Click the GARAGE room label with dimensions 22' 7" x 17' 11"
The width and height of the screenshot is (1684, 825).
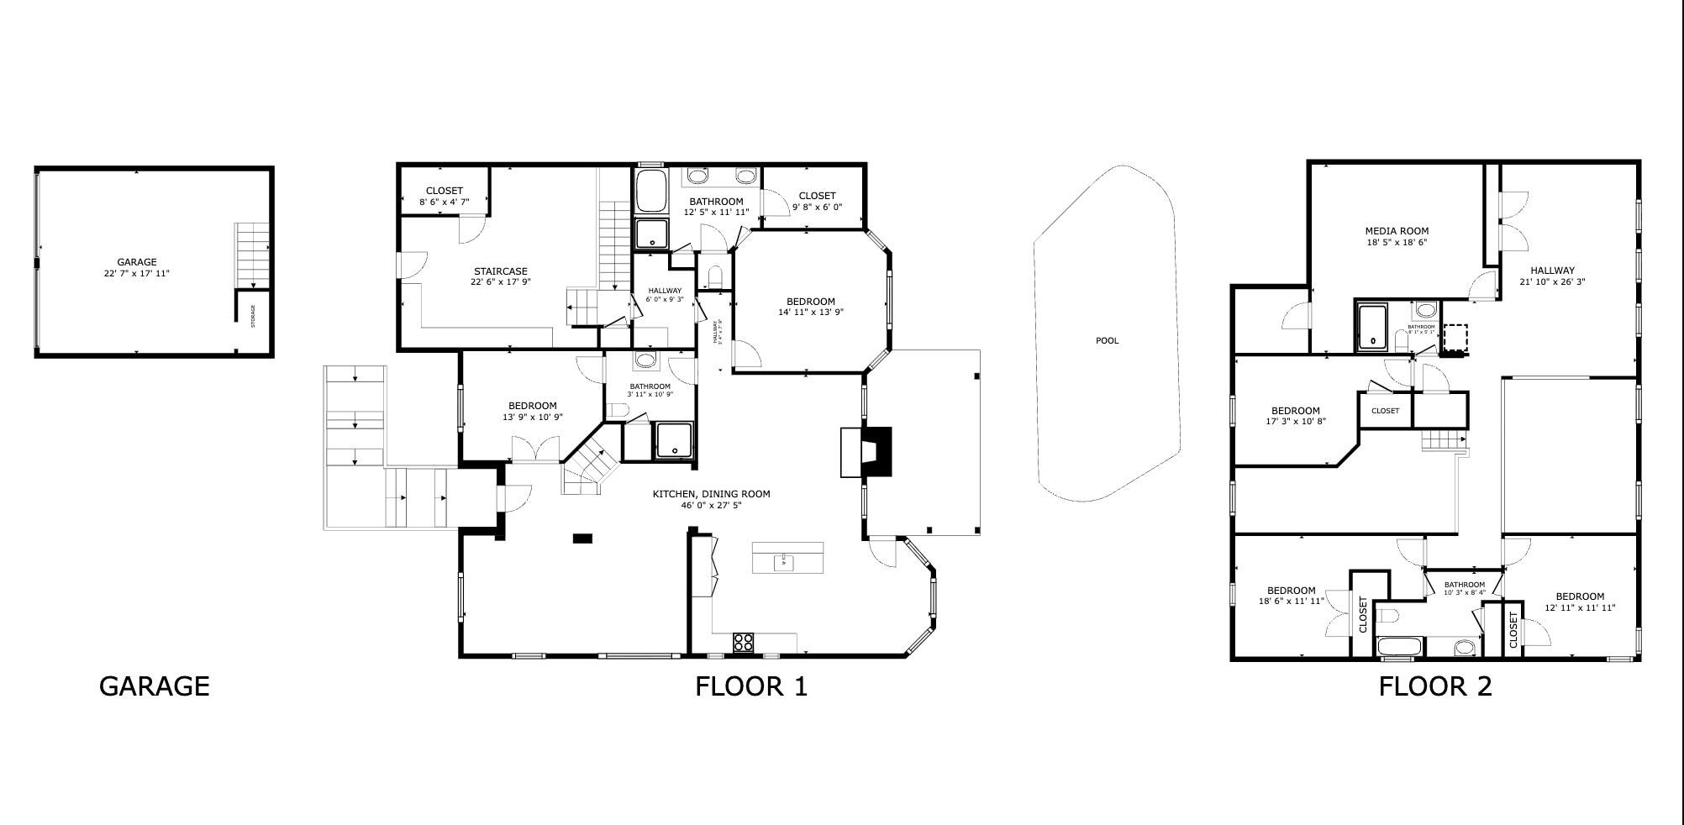pyautogui.click(x=137, y=267)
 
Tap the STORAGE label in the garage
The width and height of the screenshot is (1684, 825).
pyautogui.click(x=252, y=317)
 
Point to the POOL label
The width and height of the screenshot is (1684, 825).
pyautogui.click(x=1108, y=341)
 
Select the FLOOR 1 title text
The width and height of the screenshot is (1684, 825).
pyautogui.click(x=750, y=686)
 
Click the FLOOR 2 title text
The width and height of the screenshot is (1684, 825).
pyautogui.click(x=1434, y=686)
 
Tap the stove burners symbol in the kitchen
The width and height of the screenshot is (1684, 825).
pyautogui.click(x=743, y=643)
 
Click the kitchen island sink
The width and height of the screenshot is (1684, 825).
pyautogui.click(x=784, y=560)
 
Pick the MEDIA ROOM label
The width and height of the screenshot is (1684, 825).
pyautogui.click(x=1397, y=236)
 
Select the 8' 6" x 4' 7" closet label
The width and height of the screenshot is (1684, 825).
pyautogui.click(x=444, y=197)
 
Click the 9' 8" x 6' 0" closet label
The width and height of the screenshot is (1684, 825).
pyautogui.click(x=817, y=201)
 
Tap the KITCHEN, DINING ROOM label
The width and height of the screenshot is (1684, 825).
pyautogui.click(x=711, y=499)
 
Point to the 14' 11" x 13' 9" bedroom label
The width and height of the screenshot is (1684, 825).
pyautogui.click(x=811, y=307)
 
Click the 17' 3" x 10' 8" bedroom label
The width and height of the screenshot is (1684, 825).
pyautogui.click(x=1295, y=416)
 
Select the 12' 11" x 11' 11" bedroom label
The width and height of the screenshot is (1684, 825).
pyautogui.click(x=1580, y=602)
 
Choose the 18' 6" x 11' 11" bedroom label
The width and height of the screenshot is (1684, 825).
pyautogui.click(x=1292, y=596)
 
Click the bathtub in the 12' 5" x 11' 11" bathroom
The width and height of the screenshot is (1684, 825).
pyautogui.click(x=651, y=192)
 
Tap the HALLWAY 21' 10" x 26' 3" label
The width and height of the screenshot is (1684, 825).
pyautogui.click(x=1552, y=276)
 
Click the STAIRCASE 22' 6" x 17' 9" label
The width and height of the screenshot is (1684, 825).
pyautogui.click(x=500, y=276)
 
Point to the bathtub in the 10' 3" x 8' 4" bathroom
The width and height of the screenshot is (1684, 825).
pyautogui.click(x=1399, y=647)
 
